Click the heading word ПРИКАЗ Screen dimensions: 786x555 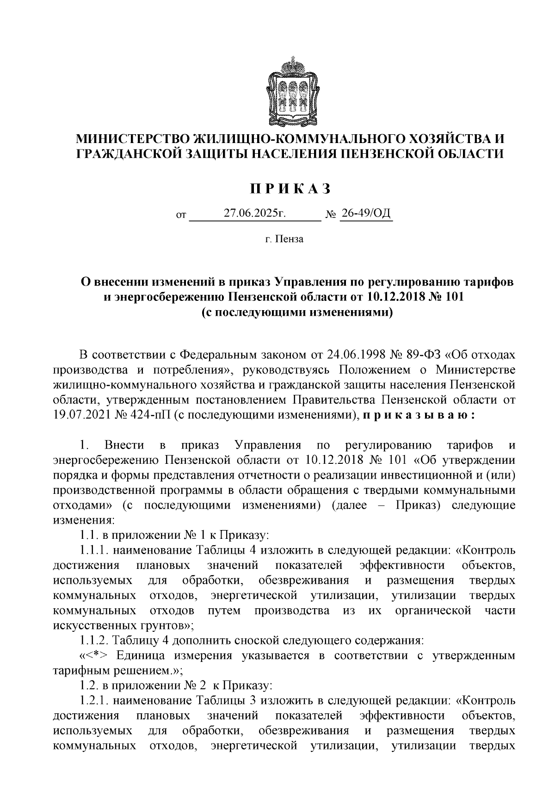(x=291, y=189)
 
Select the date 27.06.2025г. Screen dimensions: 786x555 (x=255, y=213)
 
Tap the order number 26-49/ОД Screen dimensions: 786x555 (x=366, y=213)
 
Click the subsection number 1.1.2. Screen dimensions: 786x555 (x=93, y=641)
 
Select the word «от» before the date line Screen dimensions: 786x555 (x=181, y=215)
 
